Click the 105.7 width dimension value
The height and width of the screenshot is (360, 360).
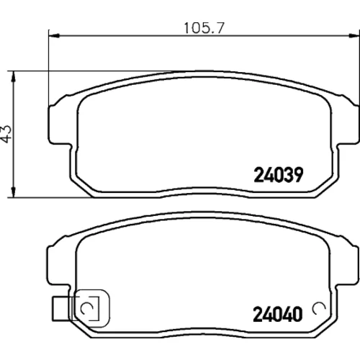pos(204,28)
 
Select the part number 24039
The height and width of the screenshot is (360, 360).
pos(279,175)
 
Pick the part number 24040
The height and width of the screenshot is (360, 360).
pos(278,314)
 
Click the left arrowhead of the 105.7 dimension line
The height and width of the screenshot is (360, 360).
pos(54,36)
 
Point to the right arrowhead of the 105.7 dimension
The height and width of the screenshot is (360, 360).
pos(354,36)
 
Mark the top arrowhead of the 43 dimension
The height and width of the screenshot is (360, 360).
pos(14,76)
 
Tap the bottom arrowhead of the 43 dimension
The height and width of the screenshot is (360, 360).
pos(14,192)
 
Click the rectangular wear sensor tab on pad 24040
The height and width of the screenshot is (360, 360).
pos(62,309)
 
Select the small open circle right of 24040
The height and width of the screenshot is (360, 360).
pos(319,309)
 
